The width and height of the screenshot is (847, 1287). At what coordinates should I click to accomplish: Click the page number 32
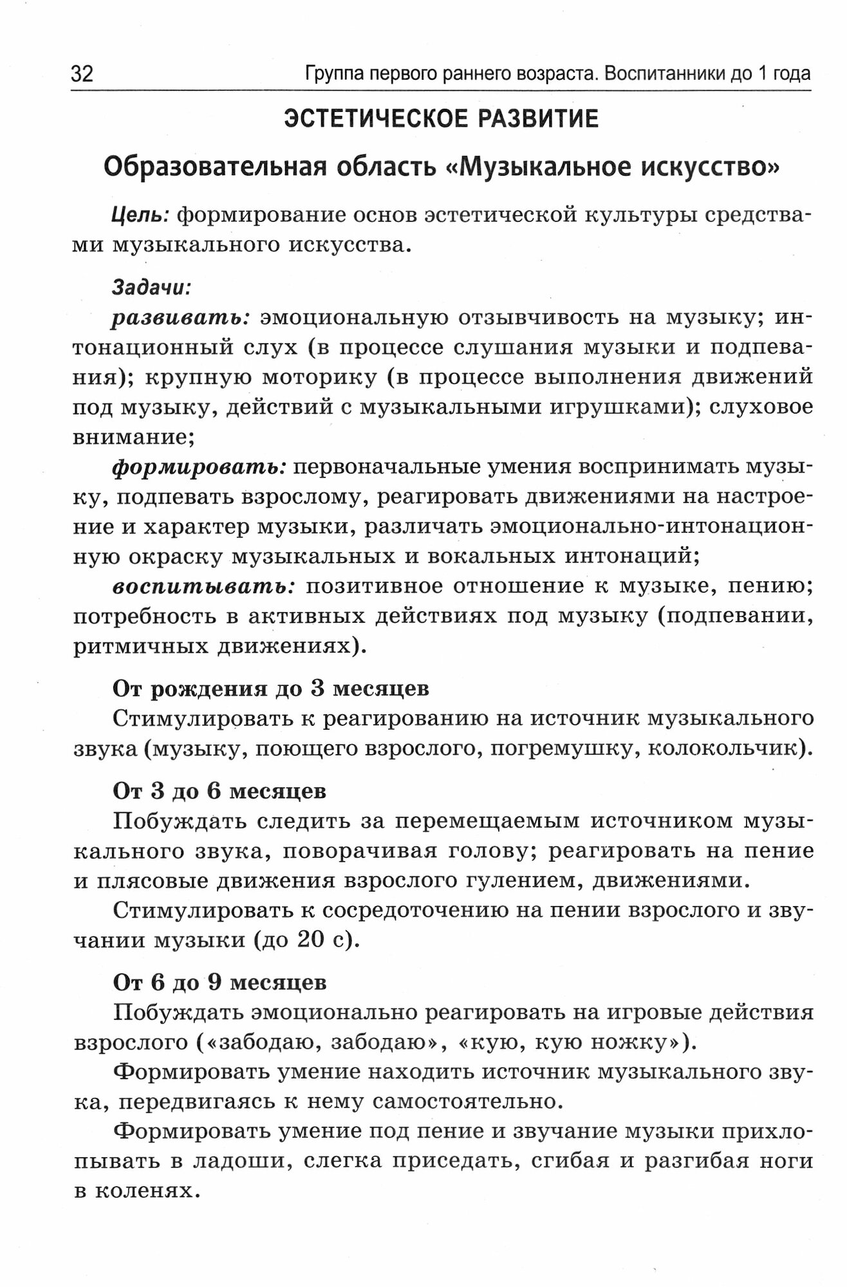coord(82,74)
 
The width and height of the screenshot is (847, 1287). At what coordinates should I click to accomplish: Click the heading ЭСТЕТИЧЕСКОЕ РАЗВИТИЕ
coord(442,119)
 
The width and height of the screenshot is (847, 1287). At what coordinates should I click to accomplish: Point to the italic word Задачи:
coord(152,286)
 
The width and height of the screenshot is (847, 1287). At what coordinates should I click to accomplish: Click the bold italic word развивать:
coord(181,317)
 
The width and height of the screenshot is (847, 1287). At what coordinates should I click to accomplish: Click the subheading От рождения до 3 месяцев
coord(271,689)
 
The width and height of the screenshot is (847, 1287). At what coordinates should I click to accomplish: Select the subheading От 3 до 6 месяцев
coord(219,791)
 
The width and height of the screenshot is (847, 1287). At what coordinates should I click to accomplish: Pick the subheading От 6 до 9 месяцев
coord(219,983)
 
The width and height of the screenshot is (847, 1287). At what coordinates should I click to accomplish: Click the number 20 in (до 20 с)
coord(312,940)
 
